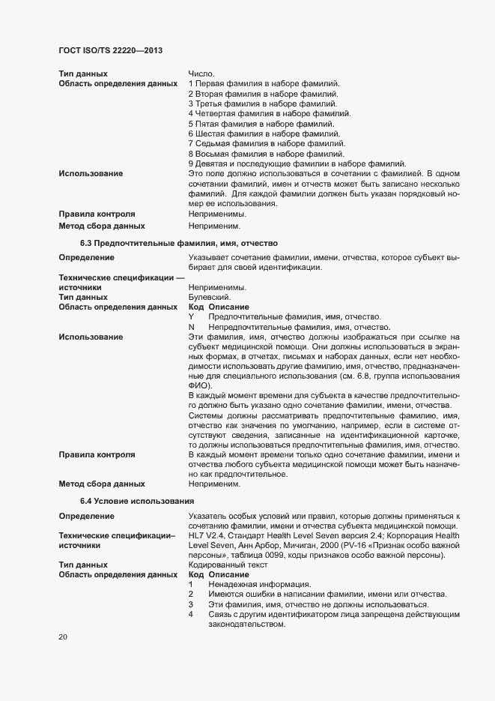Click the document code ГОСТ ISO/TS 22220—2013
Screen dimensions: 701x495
click(x=111, y=50)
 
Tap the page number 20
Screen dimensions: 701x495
click(x=63, y=637)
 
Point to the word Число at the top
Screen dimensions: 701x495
click(x=201, y=73)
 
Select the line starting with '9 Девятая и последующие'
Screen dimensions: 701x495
click(x=297, y=163)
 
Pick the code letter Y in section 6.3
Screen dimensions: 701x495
click(x=192, y=317)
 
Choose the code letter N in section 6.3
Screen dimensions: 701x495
click(x=192, y=327)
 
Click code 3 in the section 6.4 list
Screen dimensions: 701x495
click(x=192, y=604)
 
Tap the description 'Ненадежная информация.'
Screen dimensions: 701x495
click(x=250, y=584)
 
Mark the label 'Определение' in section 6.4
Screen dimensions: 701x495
click(x=87, y=516)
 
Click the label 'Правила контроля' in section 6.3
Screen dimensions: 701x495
click(x=97, y=454)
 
